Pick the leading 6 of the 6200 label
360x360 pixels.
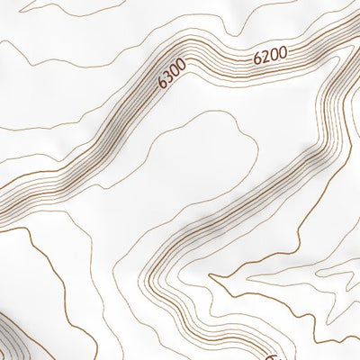point(257,58)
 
